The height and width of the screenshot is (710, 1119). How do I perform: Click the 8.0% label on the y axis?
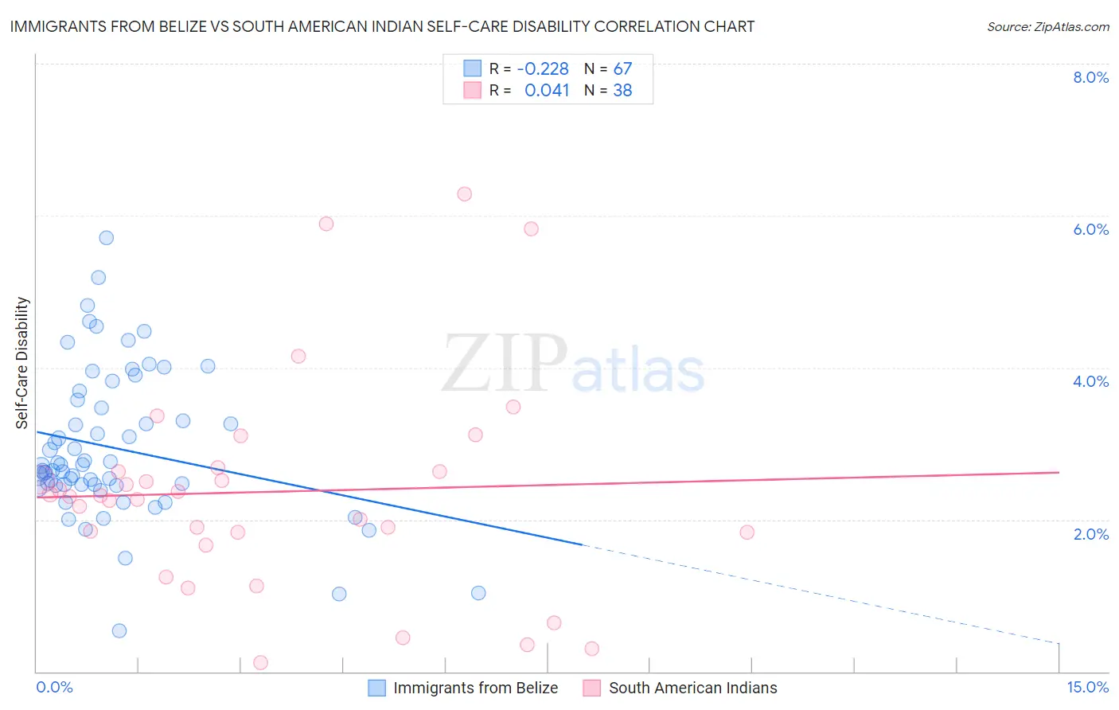point(1090,77)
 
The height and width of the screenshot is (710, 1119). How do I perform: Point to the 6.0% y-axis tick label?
point(1090,229)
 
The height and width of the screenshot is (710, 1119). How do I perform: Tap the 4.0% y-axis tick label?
point(1090,381)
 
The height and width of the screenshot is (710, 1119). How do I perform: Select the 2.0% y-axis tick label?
point(1090,534)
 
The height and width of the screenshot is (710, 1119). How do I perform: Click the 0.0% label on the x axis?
point(54,688)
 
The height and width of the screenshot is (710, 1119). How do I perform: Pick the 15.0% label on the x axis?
point(1087,688)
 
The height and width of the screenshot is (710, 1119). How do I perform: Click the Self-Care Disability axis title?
point(22,363)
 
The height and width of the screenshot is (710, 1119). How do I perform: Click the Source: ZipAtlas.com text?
point(1047,26)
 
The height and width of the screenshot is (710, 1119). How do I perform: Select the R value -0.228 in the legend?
point(543,69)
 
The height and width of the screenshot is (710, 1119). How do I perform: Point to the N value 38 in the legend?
point(622,91)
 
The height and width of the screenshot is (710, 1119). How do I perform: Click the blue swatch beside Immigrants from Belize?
point(376,688)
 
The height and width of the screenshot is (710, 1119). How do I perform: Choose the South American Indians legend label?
point(692,688)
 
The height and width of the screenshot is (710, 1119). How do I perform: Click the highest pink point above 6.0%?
point(465,194)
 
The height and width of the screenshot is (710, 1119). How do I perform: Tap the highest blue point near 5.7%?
point(106,238)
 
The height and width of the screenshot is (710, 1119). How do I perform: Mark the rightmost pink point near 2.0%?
point(747,532)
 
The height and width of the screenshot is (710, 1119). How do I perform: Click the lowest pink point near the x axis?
point(260,663)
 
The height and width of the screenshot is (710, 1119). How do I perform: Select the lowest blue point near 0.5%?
point(119,631)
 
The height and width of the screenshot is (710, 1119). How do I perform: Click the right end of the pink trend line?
point(1059,472)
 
